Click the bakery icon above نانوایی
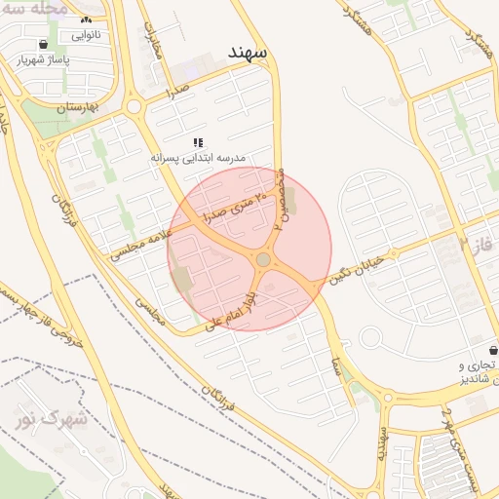(86, 19)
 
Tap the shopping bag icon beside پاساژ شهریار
(44, 45)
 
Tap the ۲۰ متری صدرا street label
(234, 204)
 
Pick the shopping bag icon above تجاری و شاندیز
(494, 350)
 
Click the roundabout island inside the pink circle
(263, 259)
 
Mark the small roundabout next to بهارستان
(134, 106)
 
